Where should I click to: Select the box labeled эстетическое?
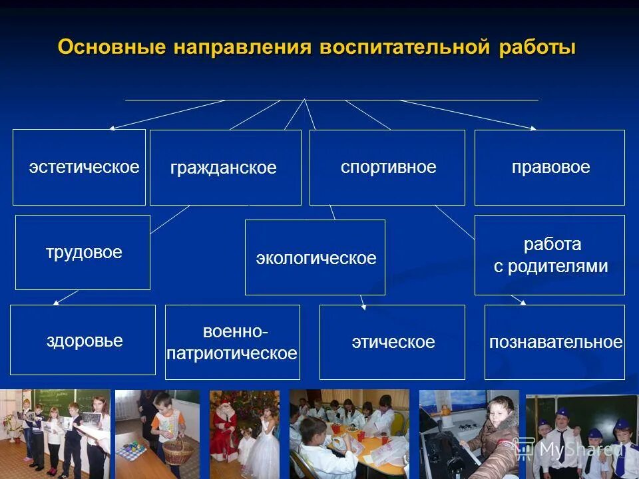coord(79,167)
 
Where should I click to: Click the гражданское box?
coord(225,168)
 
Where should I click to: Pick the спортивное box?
coord(387,167)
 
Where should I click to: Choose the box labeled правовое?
coord(550,167)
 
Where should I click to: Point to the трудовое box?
coord(83,253)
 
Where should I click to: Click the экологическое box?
coord(315,257)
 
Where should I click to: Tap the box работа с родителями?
coord(550,255)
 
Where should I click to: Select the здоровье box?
coord(83,341)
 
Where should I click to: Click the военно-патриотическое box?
coord(232,342)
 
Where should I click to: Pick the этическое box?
coord(392,343)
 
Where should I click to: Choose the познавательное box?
coord(555,343)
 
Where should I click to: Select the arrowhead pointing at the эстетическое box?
coord(112,128)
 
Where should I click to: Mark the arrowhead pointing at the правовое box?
coord(534,128)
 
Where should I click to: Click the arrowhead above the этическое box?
coord(363,307)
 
